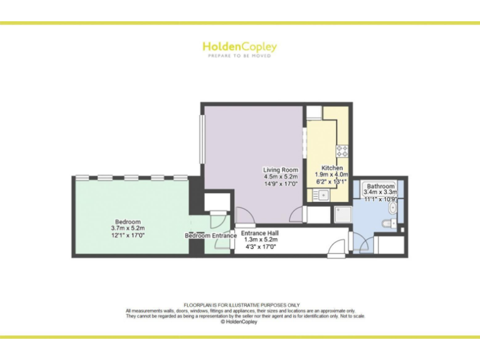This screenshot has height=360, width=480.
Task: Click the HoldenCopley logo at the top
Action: tap(239, 47)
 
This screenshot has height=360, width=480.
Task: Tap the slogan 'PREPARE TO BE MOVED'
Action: tap(239, 56)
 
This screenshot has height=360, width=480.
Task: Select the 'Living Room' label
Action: tap(280, 170)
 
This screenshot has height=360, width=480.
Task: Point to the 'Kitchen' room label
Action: tap(332, 168)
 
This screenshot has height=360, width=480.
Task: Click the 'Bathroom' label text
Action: tap(381, 186)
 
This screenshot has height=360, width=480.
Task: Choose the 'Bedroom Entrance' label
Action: tap(211, 236)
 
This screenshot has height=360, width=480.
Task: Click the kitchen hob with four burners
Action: tap(342, 150)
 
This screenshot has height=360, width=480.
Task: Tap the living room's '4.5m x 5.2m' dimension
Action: tap(280, 177)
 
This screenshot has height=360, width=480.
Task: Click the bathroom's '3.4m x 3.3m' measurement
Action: tap(381, 192)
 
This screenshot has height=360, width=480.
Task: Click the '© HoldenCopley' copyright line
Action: tap(239, 322)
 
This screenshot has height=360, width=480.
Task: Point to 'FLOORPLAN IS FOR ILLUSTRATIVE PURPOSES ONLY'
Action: tap(239, 306)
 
